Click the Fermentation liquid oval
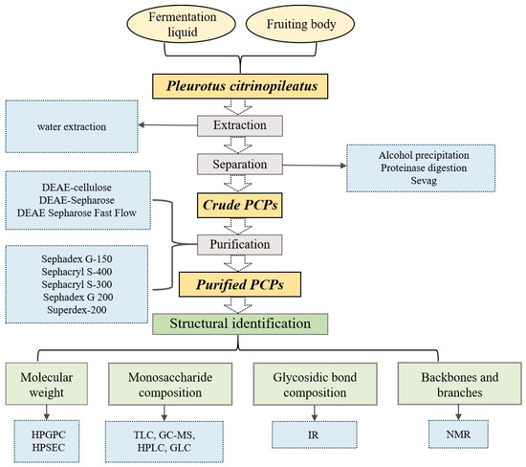181,24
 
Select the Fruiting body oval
300,24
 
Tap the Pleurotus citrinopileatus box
240,86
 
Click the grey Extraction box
240,126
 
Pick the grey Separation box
240,165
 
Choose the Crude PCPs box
240,205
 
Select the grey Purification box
240,244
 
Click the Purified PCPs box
240,284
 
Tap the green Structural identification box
240,323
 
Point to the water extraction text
72,126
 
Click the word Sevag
424,181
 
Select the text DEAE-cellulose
77,188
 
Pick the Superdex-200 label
77,309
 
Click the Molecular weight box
47,384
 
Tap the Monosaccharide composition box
170,384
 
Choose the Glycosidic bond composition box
315,384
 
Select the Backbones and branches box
460,384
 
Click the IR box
315,434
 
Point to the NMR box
458,434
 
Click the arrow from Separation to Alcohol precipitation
315,166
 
